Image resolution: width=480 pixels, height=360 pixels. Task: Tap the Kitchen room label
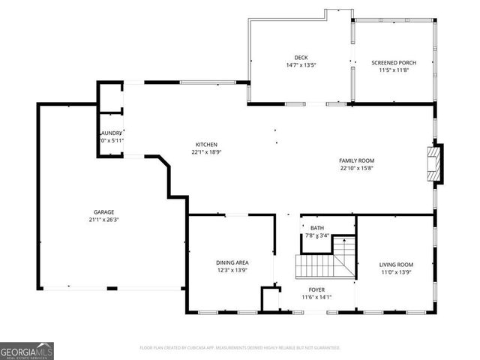click(x=206, y=144)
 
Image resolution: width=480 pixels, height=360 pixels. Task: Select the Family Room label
click(x=356, y=160)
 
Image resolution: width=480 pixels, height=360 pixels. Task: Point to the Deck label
click(x=301, y=58)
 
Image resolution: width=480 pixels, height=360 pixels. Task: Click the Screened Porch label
click(x=394, y=62)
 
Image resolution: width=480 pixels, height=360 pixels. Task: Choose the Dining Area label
click(x=232, y=262)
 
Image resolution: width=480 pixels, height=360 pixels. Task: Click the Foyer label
click(x=316, y=289)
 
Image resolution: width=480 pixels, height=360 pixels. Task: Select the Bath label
click(x=317, y=228)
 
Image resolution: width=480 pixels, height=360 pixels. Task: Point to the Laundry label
click(x=110, y=133)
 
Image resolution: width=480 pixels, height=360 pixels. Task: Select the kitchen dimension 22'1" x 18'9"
click(x=206, y=152)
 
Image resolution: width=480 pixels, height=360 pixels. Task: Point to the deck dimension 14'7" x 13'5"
click(x=301, y=65)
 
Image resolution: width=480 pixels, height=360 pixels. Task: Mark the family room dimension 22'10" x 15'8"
click(x=356, y=168)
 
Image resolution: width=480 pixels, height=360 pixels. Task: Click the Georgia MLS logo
click(x=27, y=350)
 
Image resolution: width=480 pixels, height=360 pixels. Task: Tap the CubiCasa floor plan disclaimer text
click(x=240, y=348)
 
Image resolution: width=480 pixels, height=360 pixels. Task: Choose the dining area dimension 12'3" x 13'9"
click(x=232, y=269)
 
